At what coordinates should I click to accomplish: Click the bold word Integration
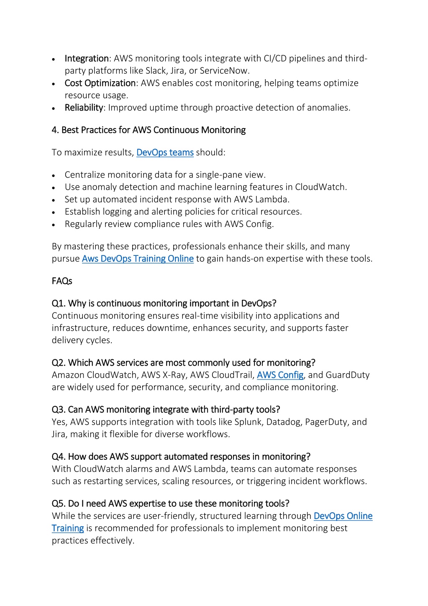point(87,59)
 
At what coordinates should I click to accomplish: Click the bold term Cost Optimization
point(100,83)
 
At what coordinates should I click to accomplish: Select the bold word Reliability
point(84,108)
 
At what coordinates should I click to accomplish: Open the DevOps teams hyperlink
point(165,153)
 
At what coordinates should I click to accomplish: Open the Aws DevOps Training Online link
point(138,259)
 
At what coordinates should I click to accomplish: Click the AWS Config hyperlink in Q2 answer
point(280,375)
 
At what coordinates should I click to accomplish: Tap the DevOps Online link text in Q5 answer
point(343,516)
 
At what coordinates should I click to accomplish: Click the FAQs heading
point(62,281)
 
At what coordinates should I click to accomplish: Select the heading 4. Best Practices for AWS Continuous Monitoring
point(149,130)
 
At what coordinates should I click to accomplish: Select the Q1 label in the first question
point(59,304)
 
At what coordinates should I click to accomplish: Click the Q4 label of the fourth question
point(59,457)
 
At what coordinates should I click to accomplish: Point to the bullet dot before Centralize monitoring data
point(54,176)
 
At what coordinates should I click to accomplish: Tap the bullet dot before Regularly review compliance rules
point(54,225)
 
